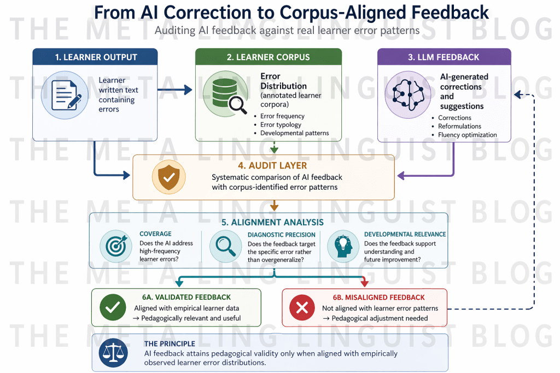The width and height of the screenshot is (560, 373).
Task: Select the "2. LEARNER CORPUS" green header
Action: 269,57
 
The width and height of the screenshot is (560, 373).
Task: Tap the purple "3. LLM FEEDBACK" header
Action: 444,57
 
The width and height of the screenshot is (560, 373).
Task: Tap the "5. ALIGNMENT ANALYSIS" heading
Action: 272,223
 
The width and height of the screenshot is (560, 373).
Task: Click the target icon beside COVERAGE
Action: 116,246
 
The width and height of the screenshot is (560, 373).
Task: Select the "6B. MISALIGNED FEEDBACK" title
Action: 378,298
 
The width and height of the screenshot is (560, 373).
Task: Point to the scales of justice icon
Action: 113,352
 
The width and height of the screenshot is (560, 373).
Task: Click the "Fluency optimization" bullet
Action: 467,135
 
